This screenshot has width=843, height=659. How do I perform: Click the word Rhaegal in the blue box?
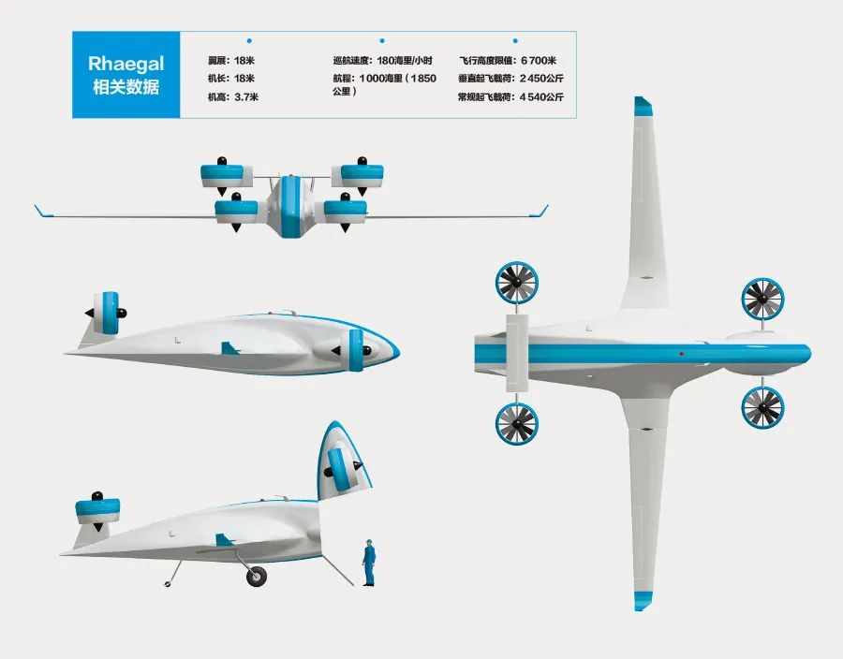click(x=126, y=64)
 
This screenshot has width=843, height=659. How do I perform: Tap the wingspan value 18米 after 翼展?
click(x=244, y=61)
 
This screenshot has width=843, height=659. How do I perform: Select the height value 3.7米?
click(x=246, y=97)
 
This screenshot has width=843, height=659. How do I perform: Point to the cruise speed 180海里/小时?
click(x=405, y=61)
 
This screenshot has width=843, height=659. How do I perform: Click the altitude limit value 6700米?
click(x=539, y=61)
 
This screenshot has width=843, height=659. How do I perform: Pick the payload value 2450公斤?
click(x=542, y=79)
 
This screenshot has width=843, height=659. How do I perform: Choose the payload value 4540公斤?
click(x=542, y=97)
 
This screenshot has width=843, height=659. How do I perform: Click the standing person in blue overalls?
click(x=369, y=563)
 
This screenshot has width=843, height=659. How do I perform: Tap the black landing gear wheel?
click(x=257, y=577)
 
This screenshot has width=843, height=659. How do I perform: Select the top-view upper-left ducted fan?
click(x=517, y=283)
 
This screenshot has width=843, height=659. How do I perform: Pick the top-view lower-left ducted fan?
click(x=517, y=424)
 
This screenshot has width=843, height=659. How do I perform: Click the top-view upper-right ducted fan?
click(x=762, y=300)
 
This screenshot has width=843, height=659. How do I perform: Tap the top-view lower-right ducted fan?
click(x=762, y=407)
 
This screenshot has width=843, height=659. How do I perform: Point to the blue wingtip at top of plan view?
click(x=643, y=107)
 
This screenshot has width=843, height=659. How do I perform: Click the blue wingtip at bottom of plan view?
click(x=643, y=600)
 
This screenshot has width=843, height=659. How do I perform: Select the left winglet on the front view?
click(x=43, y=211)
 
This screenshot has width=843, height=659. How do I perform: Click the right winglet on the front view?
click(x=540, y=211)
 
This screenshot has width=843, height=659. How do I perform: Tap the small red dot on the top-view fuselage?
click(x=682, y=354)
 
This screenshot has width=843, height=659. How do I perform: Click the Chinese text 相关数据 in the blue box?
click(x=126, y=86)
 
